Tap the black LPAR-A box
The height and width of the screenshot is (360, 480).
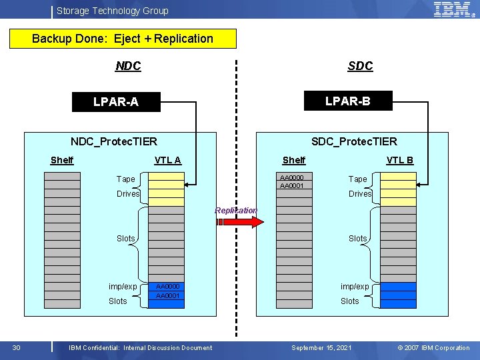116,102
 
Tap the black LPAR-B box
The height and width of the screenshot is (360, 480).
347,101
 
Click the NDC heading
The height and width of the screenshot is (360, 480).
128,66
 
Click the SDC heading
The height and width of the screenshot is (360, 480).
360,66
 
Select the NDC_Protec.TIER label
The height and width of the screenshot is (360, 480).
114,141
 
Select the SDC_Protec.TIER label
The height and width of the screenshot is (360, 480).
354,141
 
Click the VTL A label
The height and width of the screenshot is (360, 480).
167,160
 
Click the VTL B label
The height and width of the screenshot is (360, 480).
400,160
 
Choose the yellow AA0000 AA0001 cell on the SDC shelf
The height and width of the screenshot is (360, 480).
295,181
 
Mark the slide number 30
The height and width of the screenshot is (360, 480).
17,347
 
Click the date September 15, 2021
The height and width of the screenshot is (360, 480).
321,347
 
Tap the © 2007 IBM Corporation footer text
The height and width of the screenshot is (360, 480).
433,347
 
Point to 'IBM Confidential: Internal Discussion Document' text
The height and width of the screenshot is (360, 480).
141,347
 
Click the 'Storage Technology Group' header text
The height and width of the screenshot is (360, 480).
113,11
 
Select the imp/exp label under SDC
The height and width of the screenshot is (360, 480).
355,287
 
